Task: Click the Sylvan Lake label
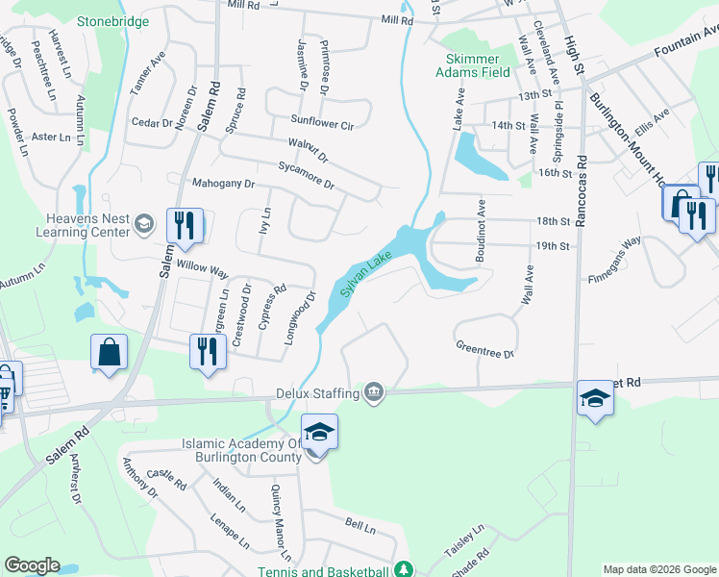coord(366,273)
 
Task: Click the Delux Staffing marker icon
coord(374,392)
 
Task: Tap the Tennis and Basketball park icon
coord(406,569)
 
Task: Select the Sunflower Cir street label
coord(323,124)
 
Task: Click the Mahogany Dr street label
coord(223,183)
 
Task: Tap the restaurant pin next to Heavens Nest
coord(181,226)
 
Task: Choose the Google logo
coord(32,565)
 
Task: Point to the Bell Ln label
coord(360,524)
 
